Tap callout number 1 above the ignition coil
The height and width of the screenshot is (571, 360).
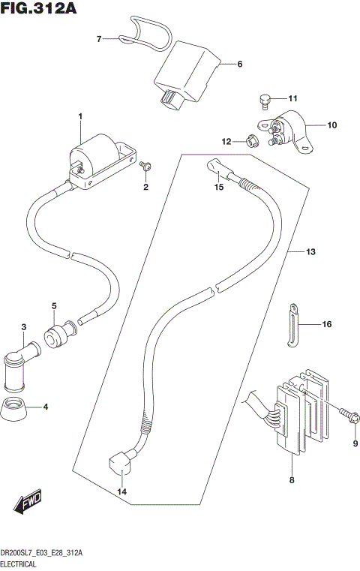(80, 116)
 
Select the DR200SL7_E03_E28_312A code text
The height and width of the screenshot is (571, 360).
(42, 553)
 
